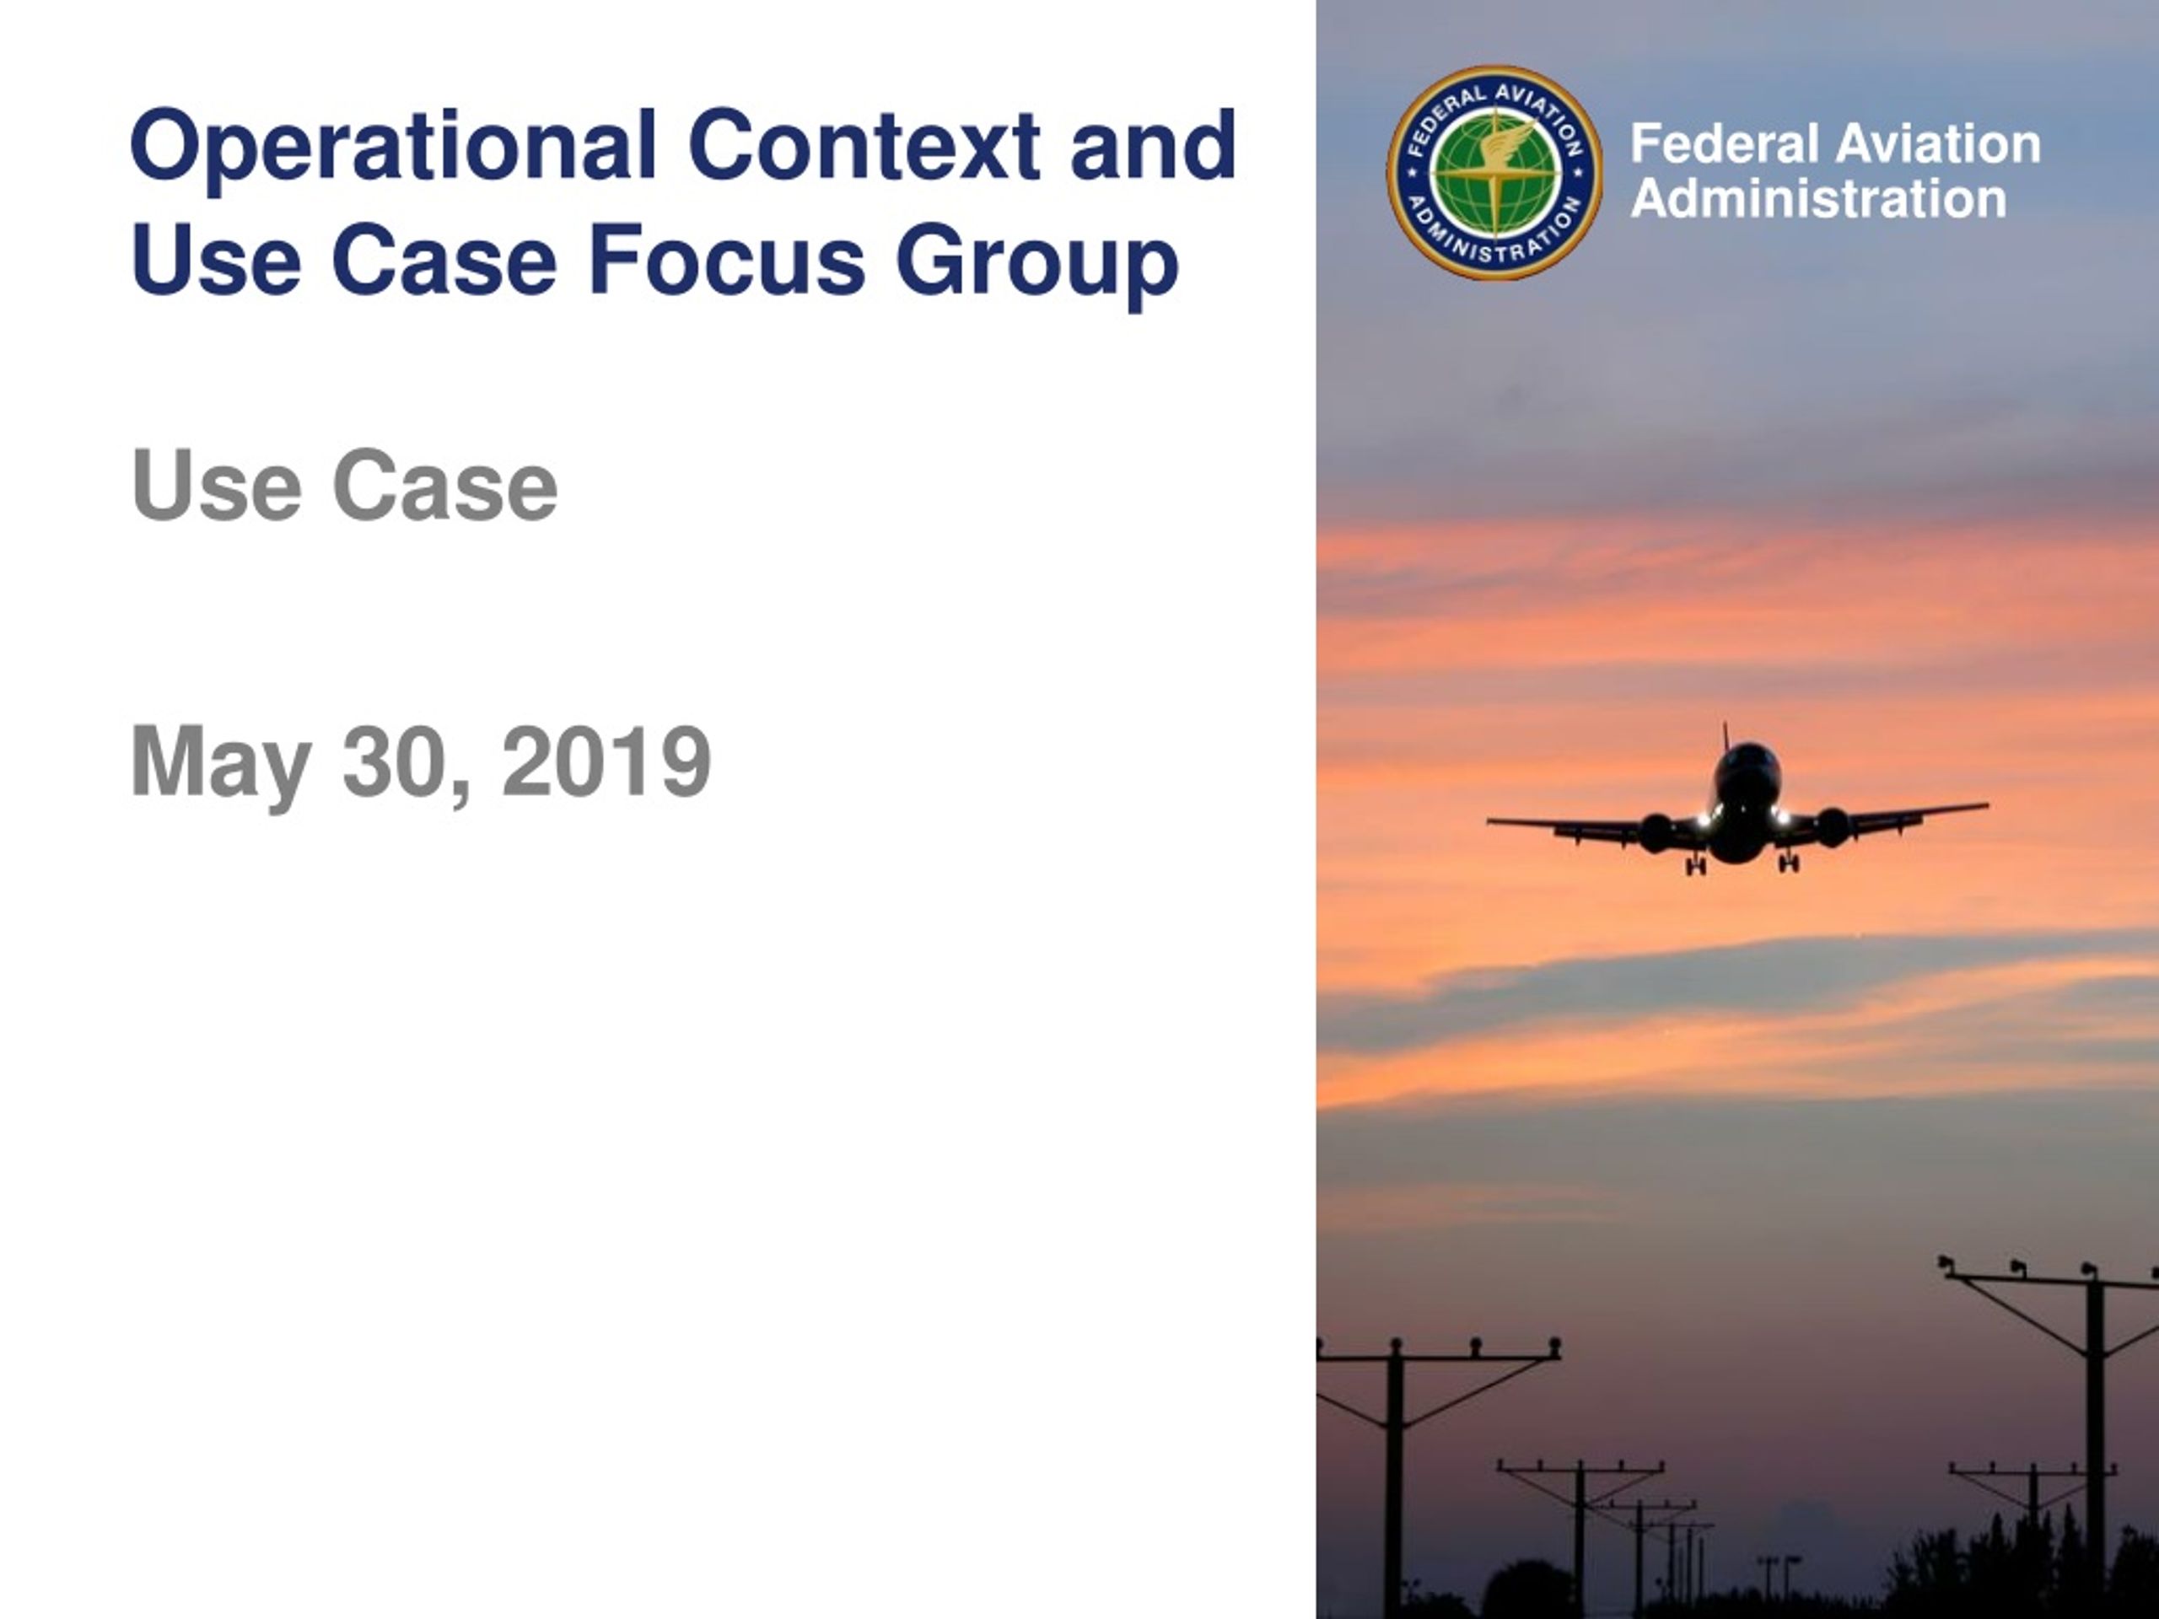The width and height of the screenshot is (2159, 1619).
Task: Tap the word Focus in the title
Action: (x=727, y=260)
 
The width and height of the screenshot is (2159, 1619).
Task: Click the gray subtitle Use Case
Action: (x=343, y=485)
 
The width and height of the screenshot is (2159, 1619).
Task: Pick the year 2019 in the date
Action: (x=606, y=761)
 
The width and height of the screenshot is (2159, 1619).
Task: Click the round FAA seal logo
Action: (x=1494, y=173)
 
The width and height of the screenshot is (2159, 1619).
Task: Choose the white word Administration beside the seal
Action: (x=1818, y=199)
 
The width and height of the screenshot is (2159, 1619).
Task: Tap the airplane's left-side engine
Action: (x=1657, y=832)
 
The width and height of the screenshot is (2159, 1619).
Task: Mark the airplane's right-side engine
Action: (x=1832, y=827)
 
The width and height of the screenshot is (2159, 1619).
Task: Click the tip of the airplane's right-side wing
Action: (x=1987, y=805)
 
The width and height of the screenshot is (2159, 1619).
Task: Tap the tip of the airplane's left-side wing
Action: (x=1489, y=821)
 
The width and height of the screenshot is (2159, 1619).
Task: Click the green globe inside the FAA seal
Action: (x=1494, y=173)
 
